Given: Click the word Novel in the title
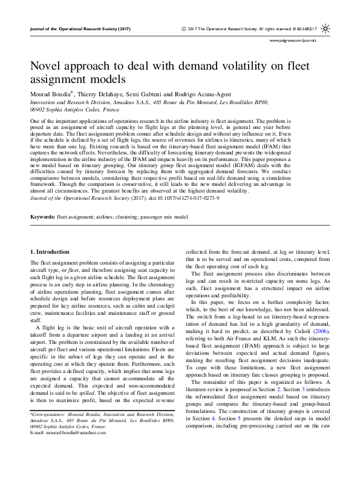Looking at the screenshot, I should [48, 66].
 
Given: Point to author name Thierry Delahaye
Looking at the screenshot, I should [103, 95].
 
